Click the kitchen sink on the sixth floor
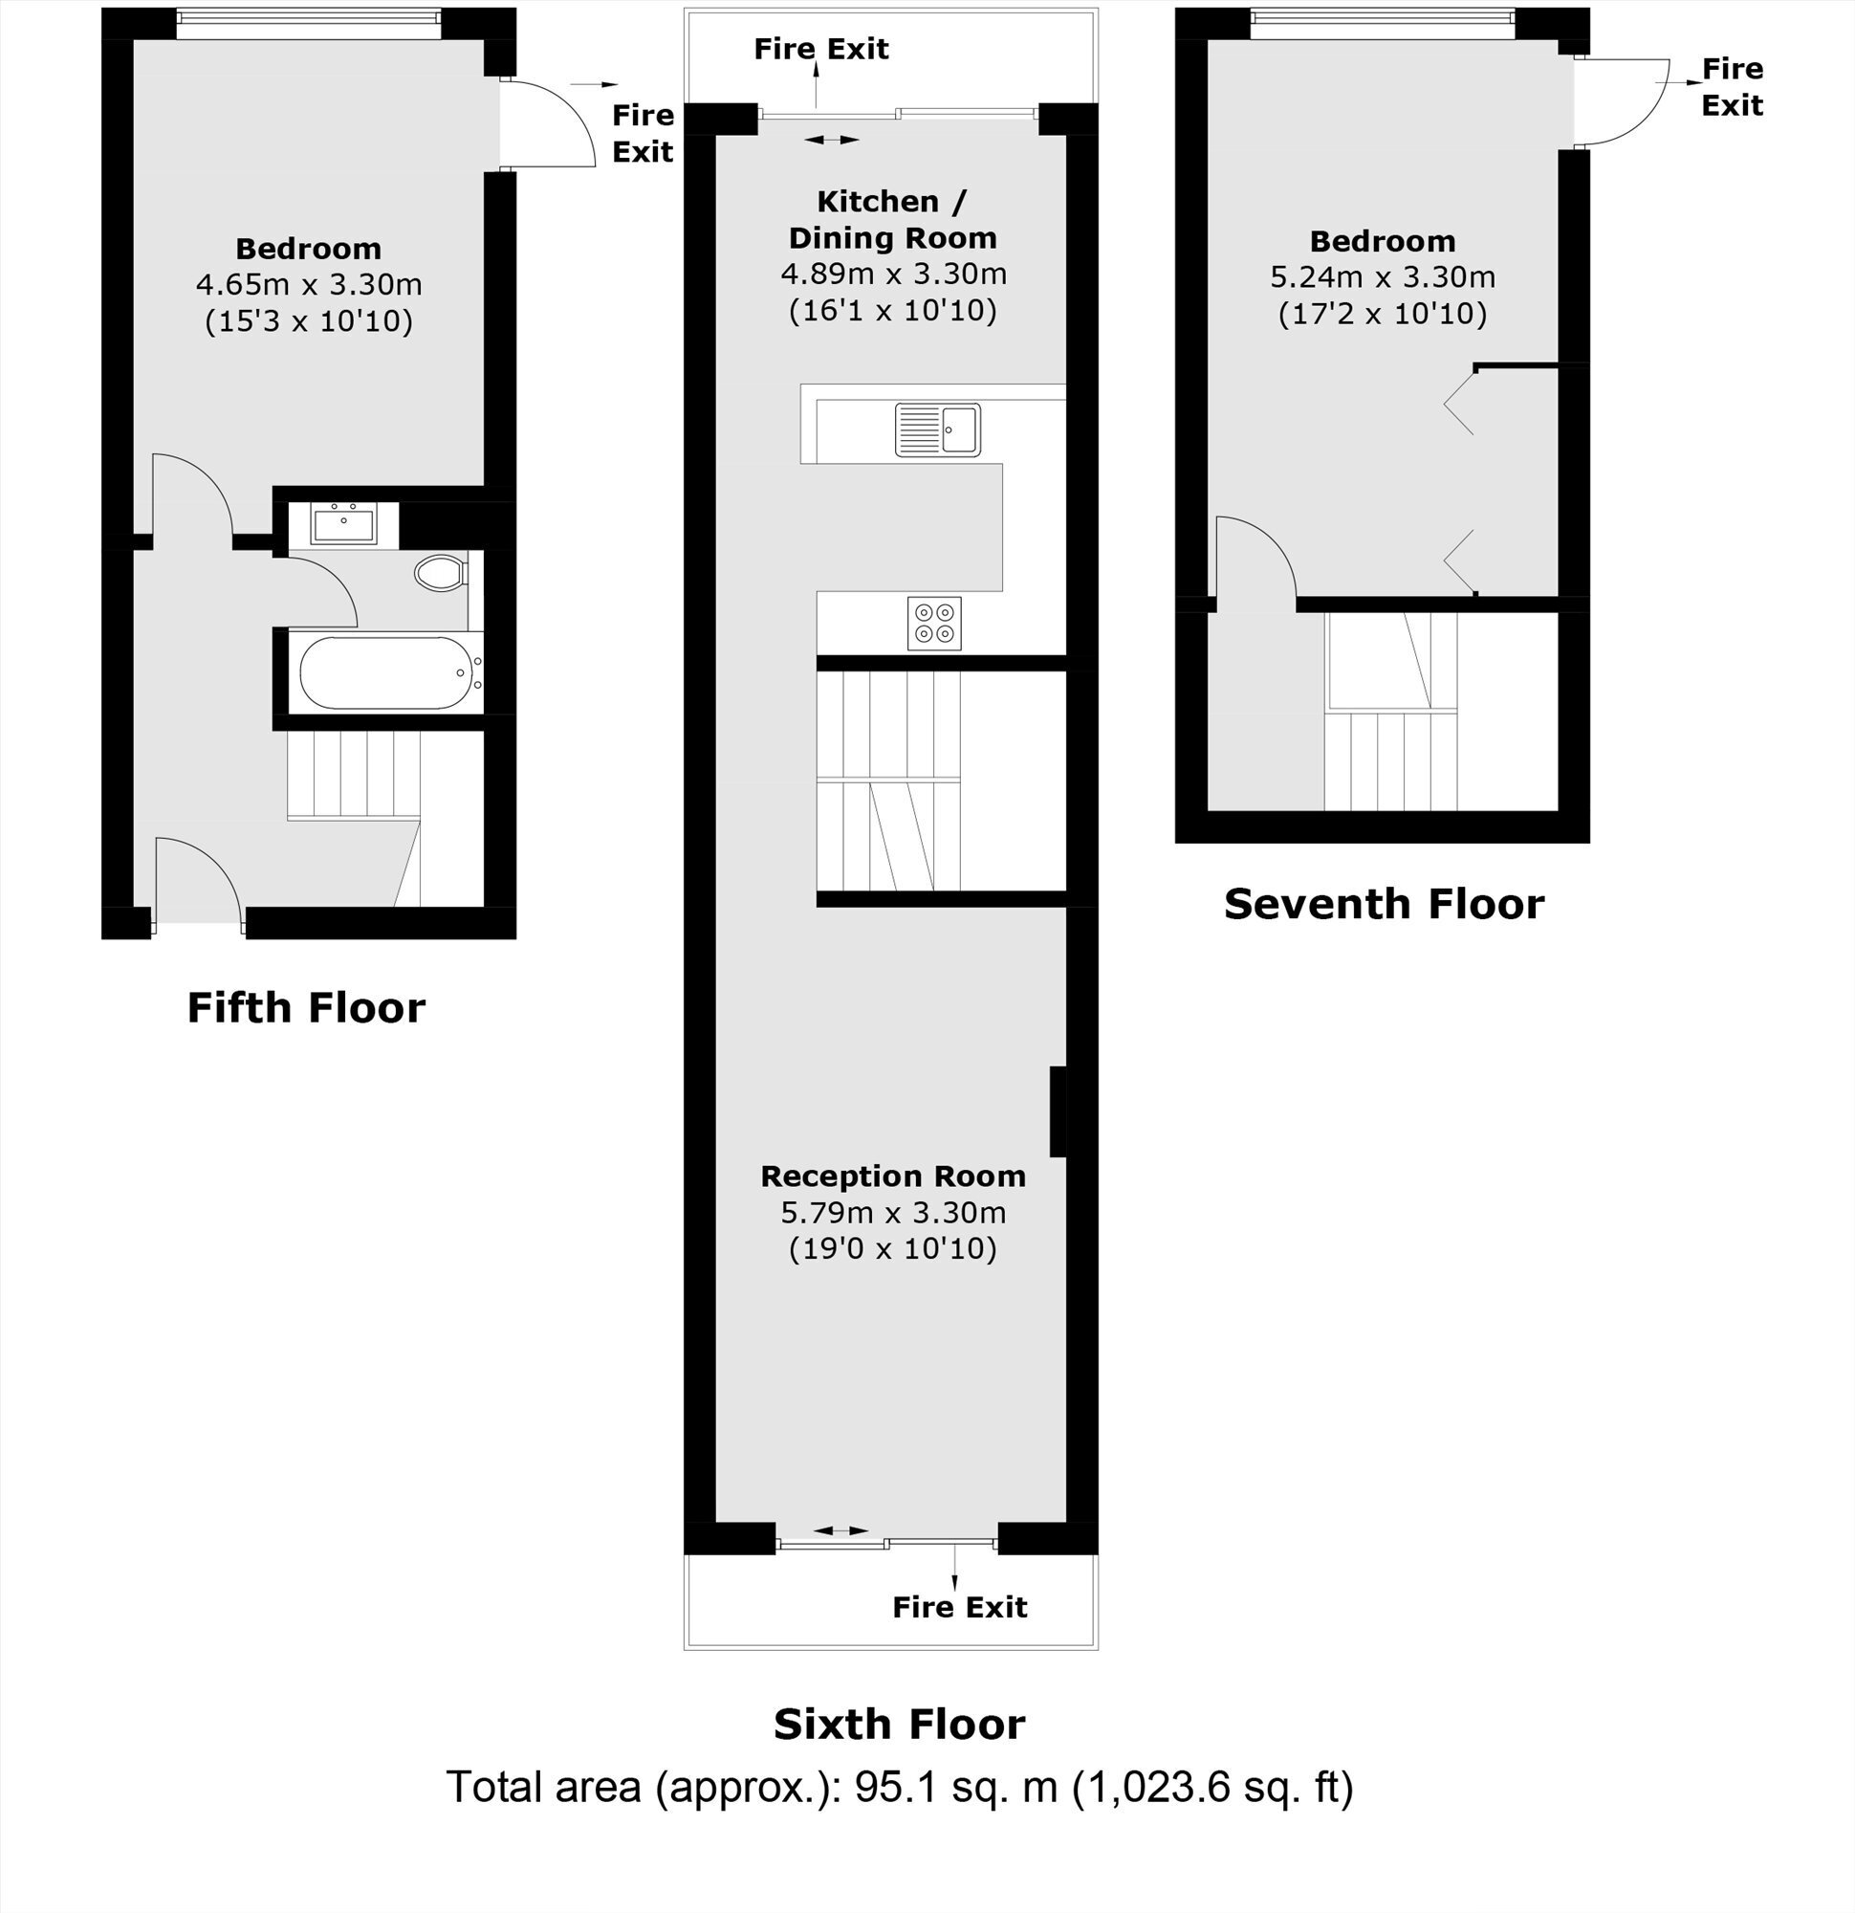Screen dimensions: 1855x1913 click(938, 429)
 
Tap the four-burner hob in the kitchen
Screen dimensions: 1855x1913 click(934, 623)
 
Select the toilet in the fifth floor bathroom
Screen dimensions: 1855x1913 click(442, 573)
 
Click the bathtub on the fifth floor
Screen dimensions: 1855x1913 click(390, 672)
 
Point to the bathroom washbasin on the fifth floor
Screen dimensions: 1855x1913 click(343, 523)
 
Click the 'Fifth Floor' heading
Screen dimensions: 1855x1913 click(306, 1008)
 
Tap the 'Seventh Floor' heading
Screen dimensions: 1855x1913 click(1384, 904)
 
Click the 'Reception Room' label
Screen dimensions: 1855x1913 click(893, 1176)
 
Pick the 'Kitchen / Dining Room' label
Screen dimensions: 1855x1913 click(893, 220)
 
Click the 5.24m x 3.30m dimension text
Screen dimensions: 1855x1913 click(1383, 277)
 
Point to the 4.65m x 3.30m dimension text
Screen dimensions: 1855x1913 click(308, 285)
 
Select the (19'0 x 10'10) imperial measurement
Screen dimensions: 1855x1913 click(893, 1248)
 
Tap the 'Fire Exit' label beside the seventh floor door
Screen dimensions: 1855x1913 click(1732, 87)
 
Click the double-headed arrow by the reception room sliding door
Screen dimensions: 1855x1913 click(840, 1529)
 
